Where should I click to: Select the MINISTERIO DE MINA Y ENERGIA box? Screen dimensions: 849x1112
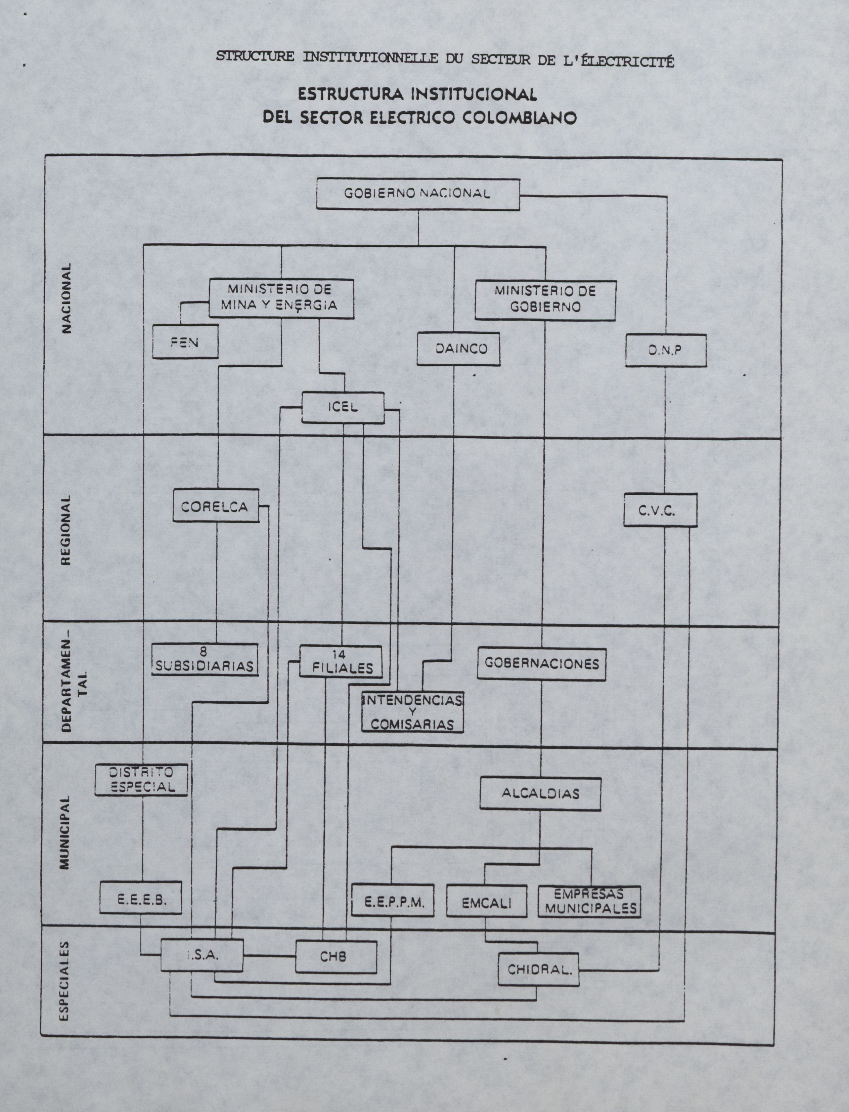click(x=281, y=298)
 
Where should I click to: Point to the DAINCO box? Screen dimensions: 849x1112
click(x=458, y=348)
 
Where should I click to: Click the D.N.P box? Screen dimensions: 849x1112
click(x=666, y=350)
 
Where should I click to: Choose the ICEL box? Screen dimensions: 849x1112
click(x=343, y=408)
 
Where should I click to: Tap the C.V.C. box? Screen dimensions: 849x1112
click(x=660, y=510)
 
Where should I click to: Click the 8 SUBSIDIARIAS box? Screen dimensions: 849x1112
click(x=205, y=659)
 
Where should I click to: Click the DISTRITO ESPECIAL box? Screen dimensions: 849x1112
click(x=141, y=780)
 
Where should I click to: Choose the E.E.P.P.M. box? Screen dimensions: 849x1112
click(x=393, y=900)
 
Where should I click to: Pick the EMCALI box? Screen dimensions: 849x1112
click(x=487, y=901)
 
